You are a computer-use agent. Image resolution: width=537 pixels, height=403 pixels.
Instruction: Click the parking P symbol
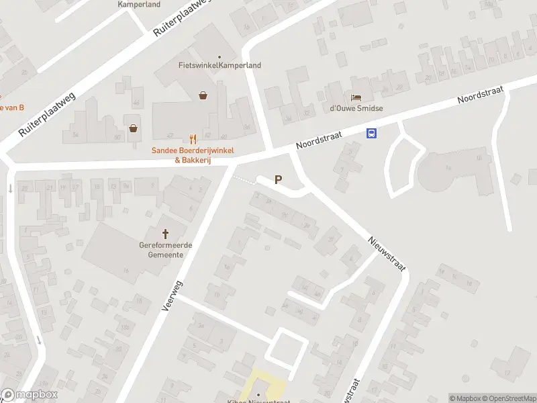click(278, 180)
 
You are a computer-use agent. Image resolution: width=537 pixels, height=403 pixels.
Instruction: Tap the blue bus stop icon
click(371, 134)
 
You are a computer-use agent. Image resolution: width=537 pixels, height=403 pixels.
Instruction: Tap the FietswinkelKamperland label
click(219, 65)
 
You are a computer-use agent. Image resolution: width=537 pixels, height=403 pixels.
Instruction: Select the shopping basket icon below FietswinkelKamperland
click(203, 96)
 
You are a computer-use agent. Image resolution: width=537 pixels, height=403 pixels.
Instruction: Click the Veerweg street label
click(173, 295)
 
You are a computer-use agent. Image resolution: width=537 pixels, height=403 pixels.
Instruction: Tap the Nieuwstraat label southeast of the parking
click(387, 253)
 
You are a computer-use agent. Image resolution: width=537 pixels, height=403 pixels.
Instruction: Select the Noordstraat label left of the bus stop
click(319, 140)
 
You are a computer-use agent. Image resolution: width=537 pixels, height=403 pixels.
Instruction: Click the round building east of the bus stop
click(443, 172)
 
